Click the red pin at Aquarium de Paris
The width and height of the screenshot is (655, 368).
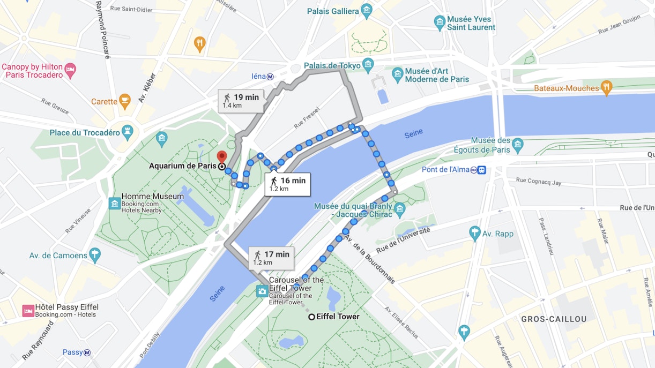[x=221, y=157]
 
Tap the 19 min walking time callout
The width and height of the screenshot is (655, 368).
[x=241, y=100]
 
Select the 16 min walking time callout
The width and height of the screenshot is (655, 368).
[x=288, y=184]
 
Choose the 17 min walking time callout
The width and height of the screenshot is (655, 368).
[x=271, y=258]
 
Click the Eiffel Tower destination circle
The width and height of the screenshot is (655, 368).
[x=311, y=317]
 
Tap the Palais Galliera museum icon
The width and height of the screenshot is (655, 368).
[x=367, y=11]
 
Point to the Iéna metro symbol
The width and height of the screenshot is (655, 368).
[x=271, y=76]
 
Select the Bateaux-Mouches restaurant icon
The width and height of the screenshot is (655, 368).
[x=606, y=87]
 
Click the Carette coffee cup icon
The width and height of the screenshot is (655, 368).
[x=125, y=101]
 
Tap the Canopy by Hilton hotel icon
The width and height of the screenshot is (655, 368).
[x=70, y=70]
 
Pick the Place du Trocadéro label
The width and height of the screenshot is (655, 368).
[x=85, y=132]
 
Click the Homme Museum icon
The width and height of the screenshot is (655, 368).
[x=114, y=203]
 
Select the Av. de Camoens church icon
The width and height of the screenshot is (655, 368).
[x=95, y=254]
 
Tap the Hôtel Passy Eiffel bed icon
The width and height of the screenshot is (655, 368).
[x=28, y=311]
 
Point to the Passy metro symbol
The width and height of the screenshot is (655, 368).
[x=87, y=352]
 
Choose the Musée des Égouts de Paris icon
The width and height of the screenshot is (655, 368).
[x=517, y=144]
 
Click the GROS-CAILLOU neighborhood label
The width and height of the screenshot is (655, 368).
[x=554, y=319]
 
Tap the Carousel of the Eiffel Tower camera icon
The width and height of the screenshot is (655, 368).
[x=262, y=291]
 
